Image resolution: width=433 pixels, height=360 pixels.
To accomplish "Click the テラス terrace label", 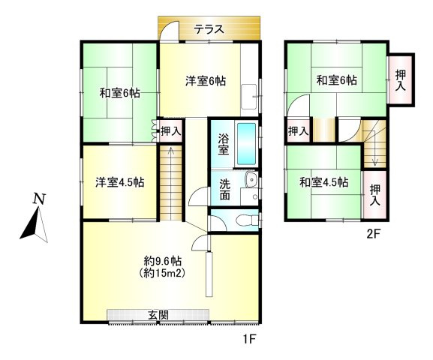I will [209, 30].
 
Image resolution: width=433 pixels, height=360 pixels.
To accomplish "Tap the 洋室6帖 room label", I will [206, 82].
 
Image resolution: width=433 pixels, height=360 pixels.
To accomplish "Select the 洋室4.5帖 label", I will [120, 182].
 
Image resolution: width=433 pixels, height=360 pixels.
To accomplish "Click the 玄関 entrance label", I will [158, 313].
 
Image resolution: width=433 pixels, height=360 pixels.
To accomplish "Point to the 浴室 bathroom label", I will [224, 143].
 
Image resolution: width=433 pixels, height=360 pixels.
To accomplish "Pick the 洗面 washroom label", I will [224, 190].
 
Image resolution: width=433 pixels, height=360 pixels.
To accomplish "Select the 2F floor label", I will [374, 233].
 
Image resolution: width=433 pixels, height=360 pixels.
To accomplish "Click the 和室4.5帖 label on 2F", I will [323, 182].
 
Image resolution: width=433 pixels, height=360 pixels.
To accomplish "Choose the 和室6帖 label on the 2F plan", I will [335, 80].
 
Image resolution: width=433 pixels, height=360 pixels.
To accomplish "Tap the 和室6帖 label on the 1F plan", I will [120, 94].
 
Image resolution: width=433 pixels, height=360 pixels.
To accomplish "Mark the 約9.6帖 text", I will [164, 261].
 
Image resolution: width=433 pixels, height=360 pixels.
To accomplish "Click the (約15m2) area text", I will [164, 273].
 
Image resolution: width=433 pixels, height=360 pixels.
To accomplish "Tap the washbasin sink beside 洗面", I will [249, 180].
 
